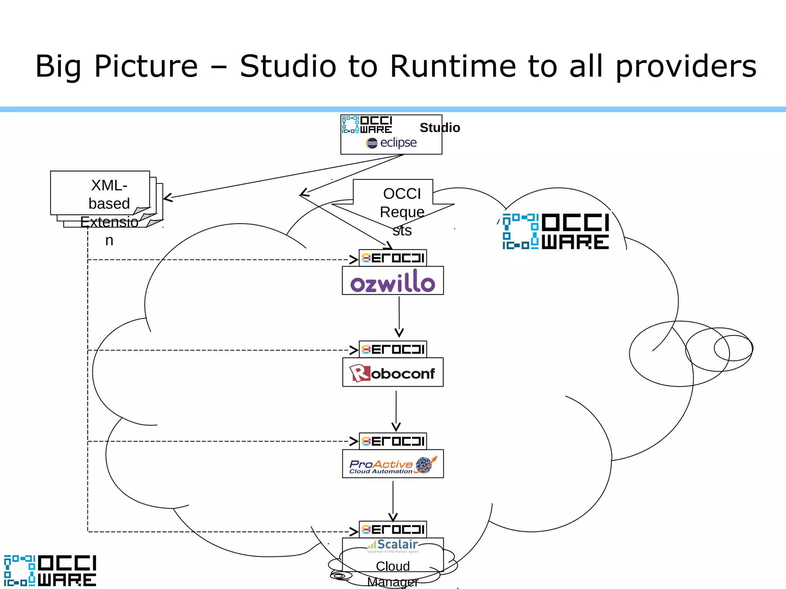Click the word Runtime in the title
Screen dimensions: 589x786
[x=453, y=66]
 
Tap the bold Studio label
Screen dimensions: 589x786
[x=439, y=128]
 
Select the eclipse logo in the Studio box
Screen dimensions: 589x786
[x=391, y=143]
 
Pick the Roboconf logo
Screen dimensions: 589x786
[x=393, y=373]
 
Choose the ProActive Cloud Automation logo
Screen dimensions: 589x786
[x=393, y=465]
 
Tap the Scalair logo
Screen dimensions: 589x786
[x=393, y=546]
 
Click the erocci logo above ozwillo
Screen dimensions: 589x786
[x=393, y=258]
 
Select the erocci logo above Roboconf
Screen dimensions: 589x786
[x=393, y=349]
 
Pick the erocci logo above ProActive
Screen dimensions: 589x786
[x=393, y=441]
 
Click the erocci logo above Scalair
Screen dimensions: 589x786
[x=393, y=530]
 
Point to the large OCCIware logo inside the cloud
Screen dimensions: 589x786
[x=556, y=232]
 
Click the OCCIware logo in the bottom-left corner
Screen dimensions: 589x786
[x=50, y=571]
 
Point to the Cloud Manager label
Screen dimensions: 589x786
[x=393, y=573]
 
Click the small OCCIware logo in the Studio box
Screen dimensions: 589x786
[x=367, y=125]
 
